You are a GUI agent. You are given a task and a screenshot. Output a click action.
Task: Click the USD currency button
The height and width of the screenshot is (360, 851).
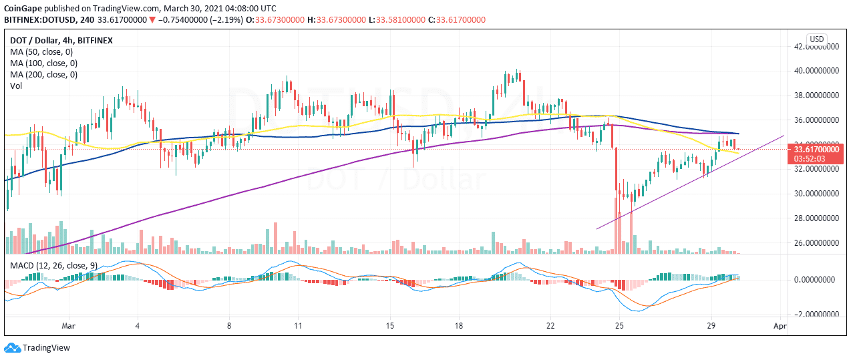816,39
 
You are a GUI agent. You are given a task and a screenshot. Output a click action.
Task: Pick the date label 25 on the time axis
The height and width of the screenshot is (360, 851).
619,327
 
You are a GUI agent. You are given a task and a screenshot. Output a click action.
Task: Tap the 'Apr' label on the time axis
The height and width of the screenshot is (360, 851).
780,327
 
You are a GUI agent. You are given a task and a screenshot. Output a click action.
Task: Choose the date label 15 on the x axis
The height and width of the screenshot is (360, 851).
390,327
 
